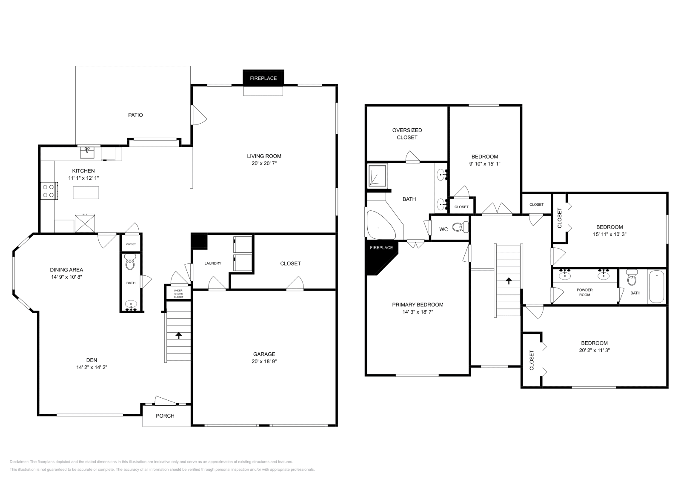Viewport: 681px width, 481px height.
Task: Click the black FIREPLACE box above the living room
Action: (x=263, y=77)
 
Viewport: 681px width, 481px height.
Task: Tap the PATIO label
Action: (x=135, y=115)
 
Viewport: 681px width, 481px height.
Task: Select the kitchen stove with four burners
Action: (x=49, y=191)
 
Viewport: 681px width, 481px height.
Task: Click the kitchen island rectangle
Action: (x=86, y=192)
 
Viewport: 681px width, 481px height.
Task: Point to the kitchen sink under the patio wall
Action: (x=88, y=151)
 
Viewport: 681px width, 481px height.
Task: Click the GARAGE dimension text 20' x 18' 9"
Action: (x=264, y=362)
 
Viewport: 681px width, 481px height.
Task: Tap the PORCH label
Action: (x=165, y=416)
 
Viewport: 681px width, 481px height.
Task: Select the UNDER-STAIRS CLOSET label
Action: (x=178, y=294)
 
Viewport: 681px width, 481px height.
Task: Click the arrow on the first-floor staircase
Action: (x=179, y=335)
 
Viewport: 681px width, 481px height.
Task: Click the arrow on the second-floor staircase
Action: (x=509, y=281)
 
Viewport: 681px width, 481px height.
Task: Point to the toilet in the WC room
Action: (x=459, y=228)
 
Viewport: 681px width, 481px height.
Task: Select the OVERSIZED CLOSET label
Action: (x=407, y=134)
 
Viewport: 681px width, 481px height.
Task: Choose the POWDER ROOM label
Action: (x=584, y=292)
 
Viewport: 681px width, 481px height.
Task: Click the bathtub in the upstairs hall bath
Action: (x=656, y=286)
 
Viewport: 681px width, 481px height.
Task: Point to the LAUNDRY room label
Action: (x=212, y=263)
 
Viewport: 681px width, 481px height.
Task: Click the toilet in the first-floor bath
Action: (x=130, y=264)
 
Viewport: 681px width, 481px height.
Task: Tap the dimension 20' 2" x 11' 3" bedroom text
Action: (x=594, y=351)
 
